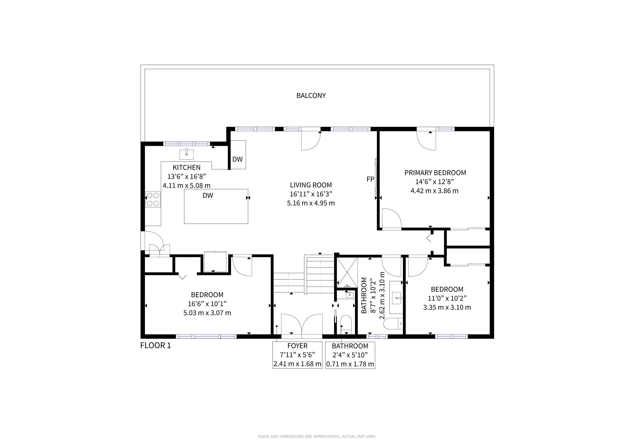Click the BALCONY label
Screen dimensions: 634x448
tap(311, 95)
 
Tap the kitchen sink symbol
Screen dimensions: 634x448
tap(187, 154)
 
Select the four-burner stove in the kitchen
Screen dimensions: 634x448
tap(153, 199)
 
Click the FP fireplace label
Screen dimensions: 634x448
tap(370, 179)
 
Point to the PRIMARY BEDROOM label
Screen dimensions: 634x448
tap(435, 173)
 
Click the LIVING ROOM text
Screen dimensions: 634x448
tap(311, 185)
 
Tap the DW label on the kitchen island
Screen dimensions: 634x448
tap(208, 196)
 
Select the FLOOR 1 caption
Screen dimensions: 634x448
tap(156, 345)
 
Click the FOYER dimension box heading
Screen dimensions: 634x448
tap(297, 346)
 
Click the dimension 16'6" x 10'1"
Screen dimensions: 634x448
tap(207, 304)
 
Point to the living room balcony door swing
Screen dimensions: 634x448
tap(311, 141)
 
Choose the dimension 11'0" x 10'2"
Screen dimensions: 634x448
tap(447, 298)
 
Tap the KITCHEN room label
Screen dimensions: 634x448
tap(187, 167)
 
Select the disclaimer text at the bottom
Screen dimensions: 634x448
tap(317, 436)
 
